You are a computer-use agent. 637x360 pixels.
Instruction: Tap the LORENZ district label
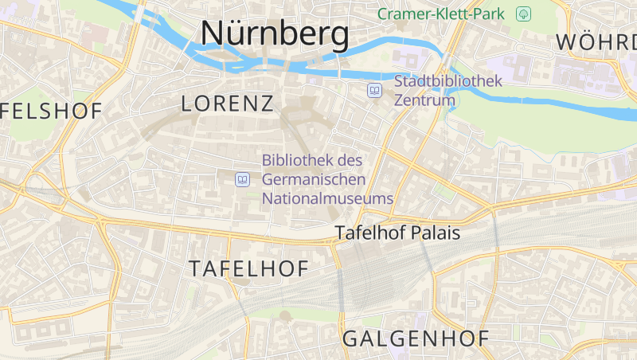pos(228,103)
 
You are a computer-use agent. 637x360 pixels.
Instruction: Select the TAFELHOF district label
pos(248,269)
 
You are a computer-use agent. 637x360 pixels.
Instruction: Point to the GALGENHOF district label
pos(416,338)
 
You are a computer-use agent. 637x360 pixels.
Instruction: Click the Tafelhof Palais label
pos(397,233)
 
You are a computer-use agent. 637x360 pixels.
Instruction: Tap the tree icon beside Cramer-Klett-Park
pos(523,14)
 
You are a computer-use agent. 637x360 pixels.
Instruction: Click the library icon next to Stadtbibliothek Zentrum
pos(374,91)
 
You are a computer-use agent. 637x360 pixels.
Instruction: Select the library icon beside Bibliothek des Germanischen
pos(242,179)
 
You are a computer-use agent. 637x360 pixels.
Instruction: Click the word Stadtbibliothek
pos(448,81)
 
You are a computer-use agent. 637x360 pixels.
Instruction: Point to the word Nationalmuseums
pos(327,198)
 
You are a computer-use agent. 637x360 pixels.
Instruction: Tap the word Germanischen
pos(314,179)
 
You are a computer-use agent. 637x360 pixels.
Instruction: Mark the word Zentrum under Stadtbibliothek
pos(424,100)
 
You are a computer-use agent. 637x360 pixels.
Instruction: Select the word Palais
pos(435,233)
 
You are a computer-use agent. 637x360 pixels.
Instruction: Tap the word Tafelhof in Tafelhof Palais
pos(369,233)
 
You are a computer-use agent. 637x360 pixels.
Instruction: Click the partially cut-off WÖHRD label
pos(596,42)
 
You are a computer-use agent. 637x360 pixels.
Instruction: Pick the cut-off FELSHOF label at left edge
pos(52,112)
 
